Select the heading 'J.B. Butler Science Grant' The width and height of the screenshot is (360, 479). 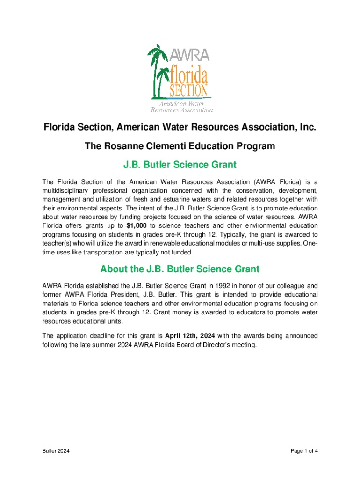[x=180, y=165]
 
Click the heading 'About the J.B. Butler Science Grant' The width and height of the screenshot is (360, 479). [x=180, y=269]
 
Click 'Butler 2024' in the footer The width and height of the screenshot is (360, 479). [x=56, y=451]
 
